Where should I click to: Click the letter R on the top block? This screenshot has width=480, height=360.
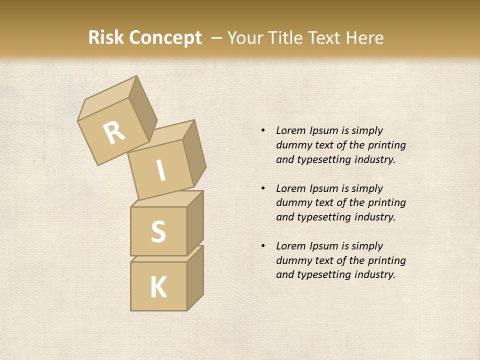pos(114,132)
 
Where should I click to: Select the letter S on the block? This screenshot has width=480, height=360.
pos(158,231)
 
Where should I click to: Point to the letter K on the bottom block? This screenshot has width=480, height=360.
pos(158,287)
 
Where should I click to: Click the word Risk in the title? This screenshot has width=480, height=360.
pos(106,38)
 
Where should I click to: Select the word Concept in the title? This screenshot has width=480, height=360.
pos(165,38)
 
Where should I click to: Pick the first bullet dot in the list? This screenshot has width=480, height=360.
pos(263,131)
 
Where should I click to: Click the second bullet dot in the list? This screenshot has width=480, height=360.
pos(263,189)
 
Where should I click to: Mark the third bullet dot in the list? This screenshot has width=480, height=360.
pos(263,246)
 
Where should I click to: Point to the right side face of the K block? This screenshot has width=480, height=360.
pos(195,277)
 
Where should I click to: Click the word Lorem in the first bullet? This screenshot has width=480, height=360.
pos(290,131)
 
